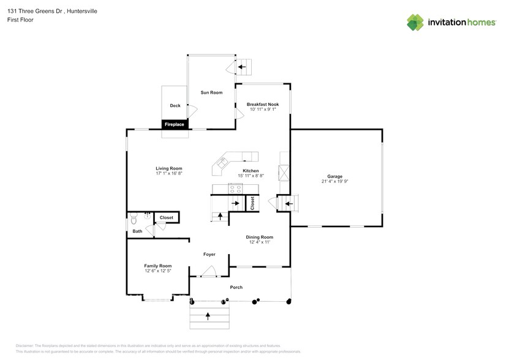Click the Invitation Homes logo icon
(x=416, y=22)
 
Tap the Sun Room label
(x=211, y=92)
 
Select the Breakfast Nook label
(x=263, y=105)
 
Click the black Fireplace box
(x=175, y=124)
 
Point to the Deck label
(x=175, y=106)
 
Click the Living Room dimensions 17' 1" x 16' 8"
(x=169, y=174)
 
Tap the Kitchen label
(x=251, y=171)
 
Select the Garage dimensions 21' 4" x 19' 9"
(x=334, y=181)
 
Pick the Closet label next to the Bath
(x=167, y=217)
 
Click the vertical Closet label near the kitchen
(x=251, y=203)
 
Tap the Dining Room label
(x=260, y=237)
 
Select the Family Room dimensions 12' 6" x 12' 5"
(x=157, y=271)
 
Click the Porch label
(x=236, y=287)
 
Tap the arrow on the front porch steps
(x=208, y=317)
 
